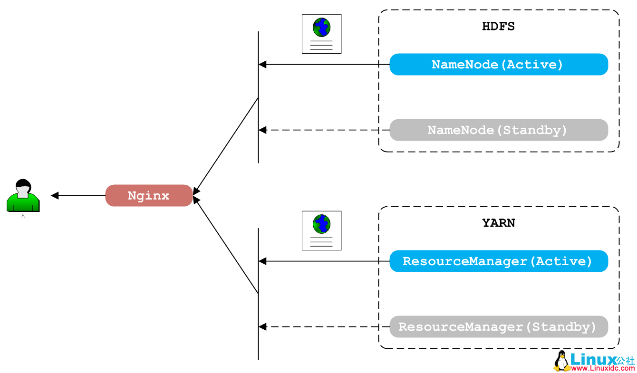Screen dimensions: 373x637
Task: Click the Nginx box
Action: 149,195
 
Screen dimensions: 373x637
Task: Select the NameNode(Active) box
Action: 498,64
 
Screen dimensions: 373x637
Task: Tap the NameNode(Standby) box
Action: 498,130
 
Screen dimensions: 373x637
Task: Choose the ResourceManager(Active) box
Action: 498,261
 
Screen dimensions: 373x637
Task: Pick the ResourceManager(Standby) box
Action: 498,326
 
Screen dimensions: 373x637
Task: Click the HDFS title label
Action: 498,26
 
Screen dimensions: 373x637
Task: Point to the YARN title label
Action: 498,223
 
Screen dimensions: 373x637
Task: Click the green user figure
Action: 23,196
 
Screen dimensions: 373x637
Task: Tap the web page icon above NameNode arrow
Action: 321,34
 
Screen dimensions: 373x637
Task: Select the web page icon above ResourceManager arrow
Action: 321,230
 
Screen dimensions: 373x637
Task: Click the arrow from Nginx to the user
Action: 78,195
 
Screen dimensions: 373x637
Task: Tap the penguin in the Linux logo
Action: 561,361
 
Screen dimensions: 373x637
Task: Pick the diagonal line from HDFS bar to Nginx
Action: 226,145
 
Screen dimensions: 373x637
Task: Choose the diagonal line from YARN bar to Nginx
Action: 226,245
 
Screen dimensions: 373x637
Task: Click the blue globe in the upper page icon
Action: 321,27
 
